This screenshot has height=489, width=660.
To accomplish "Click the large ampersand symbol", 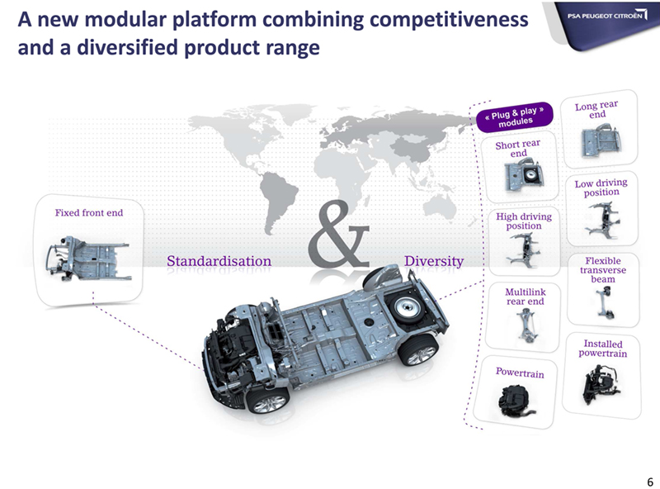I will (339, 237).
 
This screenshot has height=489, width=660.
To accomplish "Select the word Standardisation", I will (219, 261).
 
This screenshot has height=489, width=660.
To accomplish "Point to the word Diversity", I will (434, 261).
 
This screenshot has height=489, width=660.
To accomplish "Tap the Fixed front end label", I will (88, 213).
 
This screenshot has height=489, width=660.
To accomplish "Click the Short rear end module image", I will (521, 175).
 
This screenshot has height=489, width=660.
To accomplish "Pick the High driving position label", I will (524, 221).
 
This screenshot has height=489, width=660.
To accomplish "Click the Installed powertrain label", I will (602, 348).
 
